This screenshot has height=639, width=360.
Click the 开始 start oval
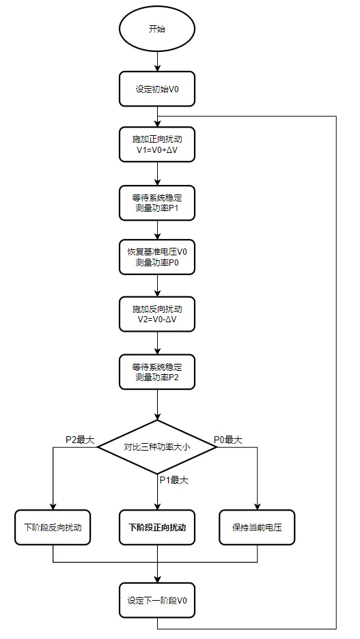coord(157,29)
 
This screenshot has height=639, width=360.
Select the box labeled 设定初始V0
coord(157,89)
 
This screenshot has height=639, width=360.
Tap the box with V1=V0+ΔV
coord(157,144)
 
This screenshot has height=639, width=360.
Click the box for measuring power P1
coord(157,202)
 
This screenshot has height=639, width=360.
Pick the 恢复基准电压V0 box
coord(157,257)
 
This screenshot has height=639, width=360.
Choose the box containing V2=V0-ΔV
coord(157,313)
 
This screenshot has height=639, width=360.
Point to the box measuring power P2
coord(157,371)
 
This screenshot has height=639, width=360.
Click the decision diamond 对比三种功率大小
coord(157,448)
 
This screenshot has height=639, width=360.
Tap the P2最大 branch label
coord(79,439)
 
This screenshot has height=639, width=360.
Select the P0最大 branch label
coord(228,439)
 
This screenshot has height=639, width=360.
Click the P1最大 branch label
coord(174,480)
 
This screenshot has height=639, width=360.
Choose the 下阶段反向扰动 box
coord(53,528)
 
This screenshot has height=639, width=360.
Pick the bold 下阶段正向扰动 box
coord(157,528)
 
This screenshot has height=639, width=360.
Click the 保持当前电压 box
coord(257,528)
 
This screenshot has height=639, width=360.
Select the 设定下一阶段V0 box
coord(157,601)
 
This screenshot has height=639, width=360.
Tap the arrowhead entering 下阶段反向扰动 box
coord(53,507)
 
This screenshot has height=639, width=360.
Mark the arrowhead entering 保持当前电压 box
coord(257,507)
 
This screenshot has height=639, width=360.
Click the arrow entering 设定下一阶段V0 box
coord(157,573)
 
